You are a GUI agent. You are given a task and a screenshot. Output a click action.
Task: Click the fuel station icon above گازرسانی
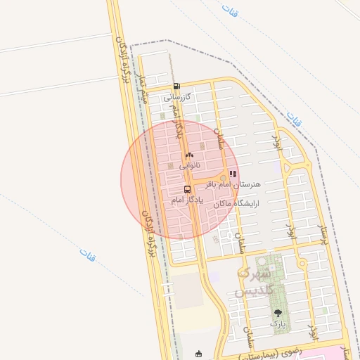(x=176, y=86)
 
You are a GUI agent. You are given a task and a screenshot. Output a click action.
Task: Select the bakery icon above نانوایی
(x=188, y=155)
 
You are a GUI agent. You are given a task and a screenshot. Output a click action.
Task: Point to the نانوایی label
(x=189, y=166)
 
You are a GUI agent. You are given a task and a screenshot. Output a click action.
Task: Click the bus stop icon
(x=187, y=189)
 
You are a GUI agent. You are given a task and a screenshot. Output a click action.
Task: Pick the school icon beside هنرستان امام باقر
(x=233, y=174)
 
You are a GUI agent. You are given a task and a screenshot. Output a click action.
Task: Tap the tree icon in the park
(x=278, y=313)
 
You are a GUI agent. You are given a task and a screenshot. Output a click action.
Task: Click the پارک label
(x=278, y=324)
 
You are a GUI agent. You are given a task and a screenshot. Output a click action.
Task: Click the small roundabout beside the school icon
(x=224, y=176)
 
